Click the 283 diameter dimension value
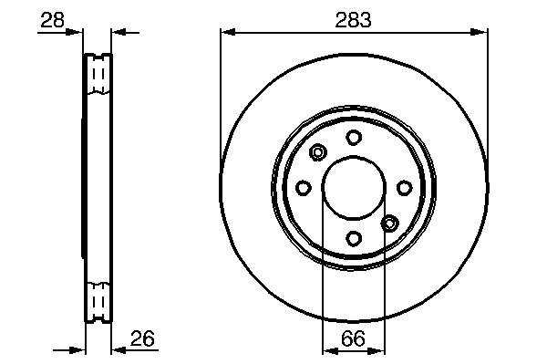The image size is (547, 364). click(353, 20)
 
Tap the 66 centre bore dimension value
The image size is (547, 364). click(353, 338)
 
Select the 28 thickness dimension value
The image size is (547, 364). click(52, 20)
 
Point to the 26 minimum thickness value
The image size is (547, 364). click(142, 338)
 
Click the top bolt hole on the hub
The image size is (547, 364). click(354, 137)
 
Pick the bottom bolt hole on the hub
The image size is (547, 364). click(354, 238)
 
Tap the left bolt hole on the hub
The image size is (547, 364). click(304, 188)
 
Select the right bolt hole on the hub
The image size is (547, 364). click(404, 188)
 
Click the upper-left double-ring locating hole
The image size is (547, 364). click(318, 152)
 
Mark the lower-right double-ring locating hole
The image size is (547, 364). click(389, 223)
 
